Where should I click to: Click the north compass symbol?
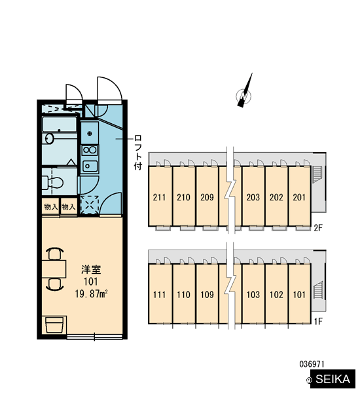pos(244,94)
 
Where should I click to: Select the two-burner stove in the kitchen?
pos(90,150)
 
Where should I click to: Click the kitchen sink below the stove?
pos(90,166)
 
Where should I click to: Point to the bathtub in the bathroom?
pos(60,124)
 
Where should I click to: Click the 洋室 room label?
pos(91,269)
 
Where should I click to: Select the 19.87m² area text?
pos(91,293)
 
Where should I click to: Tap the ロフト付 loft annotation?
pos(138,152)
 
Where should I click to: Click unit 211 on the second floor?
pos(159,197)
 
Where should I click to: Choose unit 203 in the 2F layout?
pos(253,197)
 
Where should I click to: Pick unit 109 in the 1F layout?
pos(207,295)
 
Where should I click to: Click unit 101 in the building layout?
pos(299,295)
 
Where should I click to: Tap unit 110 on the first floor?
pos(184,295)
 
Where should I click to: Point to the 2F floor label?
pos(318,228)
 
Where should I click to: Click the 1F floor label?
pos(318,322)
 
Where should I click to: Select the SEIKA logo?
pos(333,379)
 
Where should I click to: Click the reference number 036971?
pos(312,364)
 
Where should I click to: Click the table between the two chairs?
pos(54,269)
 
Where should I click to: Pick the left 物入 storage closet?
pos(51,207)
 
